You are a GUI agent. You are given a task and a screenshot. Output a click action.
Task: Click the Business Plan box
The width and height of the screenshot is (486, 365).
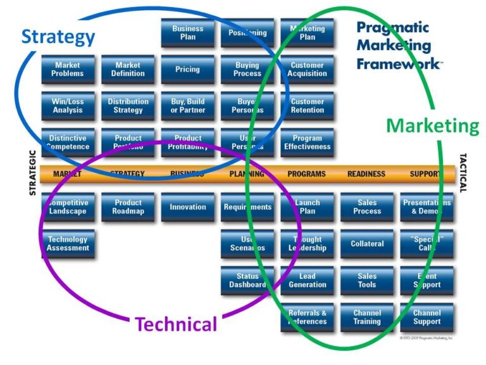coord(187,33)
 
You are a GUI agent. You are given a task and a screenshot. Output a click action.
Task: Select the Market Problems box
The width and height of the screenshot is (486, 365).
coord(68,70)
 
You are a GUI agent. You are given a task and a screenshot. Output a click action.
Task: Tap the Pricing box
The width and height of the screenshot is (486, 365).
coord(187,70)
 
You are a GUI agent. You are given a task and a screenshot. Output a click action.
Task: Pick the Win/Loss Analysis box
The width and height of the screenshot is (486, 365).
coord(68,106)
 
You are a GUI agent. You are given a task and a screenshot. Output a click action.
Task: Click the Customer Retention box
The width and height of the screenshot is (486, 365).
coord(308,106)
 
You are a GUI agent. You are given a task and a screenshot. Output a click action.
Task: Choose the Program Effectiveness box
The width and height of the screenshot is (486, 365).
coord(308,143)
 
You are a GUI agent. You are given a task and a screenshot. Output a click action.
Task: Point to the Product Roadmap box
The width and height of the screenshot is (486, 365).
coord(128,207)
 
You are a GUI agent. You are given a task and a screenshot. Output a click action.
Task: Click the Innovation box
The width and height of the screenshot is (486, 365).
coord(187,207)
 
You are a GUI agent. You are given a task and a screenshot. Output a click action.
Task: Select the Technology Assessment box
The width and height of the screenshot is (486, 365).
coord(68,244)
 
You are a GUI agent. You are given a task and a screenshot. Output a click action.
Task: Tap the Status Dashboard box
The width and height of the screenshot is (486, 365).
coord(247,281)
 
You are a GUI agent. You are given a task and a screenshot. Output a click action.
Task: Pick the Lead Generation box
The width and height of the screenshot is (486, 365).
coord(308,281)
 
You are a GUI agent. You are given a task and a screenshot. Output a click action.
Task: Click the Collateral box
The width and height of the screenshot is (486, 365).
coord(367,244)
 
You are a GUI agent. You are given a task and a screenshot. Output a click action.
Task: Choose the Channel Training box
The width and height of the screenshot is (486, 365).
coord(367,317)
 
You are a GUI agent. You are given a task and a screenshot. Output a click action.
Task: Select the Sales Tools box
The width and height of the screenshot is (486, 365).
coord(367,281)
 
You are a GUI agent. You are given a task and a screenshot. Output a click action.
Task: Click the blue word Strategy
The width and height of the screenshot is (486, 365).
coord(58,37)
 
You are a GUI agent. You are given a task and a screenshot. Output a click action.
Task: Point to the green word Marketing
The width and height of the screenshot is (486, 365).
coord(433,125)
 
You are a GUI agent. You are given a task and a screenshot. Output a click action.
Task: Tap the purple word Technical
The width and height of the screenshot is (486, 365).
coord(176,324)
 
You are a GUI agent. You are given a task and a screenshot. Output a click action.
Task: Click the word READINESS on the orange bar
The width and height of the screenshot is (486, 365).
coord(366,174)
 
